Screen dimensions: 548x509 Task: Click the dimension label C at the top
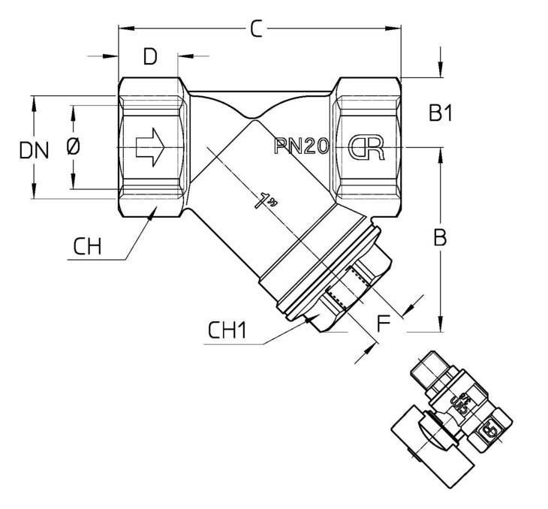click(256, 29)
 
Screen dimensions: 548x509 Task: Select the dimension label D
click(150, 56)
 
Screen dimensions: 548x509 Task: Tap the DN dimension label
click(34, 151)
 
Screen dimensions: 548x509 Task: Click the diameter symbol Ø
click(73, 146)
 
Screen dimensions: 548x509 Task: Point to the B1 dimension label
click(441, 113)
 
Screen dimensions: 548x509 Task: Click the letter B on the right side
click(440, 237)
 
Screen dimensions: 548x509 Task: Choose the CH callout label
click(87, 246)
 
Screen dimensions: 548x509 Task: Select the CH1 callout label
click(227, 330)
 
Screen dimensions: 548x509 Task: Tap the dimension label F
click(384, 324)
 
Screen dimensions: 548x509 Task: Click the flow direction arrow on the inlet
click(150, 147)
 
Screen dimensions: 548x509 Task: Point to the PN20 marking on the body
click(302, 146)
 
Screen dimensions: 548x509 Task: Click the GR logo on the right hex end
click(366, 147)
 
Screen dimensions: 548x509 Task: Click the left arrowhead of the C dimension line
click(126, 29)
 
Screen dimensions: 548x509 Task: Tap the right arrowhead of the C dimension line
click(393, 29)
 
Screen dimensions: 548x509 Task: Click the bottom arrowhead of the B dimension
click(441, 324)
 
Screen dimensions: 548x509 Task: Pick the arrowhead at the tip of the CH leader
click(152, 213)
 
